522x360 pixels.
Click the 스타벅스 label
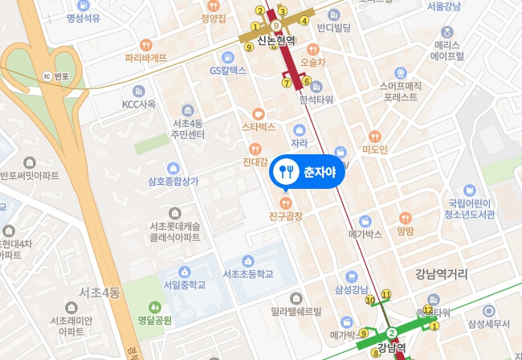coord(258,127)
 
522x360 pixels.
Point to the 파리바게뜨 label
coord(146,58)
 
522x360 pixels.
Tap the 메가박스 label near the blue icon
coord(365,235)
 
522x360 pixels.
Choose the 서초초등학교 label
coord(248,274)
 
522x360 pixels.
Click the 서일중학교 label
coord(185,284)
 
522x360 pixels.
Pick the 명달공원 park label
coord(155,320)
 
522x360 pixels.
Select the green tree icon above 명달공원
coord(155,306)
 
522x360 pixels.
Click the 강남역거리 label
coord(441,274)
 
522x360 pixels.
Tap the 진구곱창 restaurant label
coord(285,216)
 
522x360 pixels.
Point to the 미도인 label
coord(375,149)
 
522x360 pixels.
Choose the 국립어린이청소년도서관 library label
coord(471,209)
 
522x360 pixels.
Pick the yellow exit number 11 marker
coord(386,295)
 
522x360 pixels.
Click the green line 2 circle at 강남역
coord(392,333)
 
